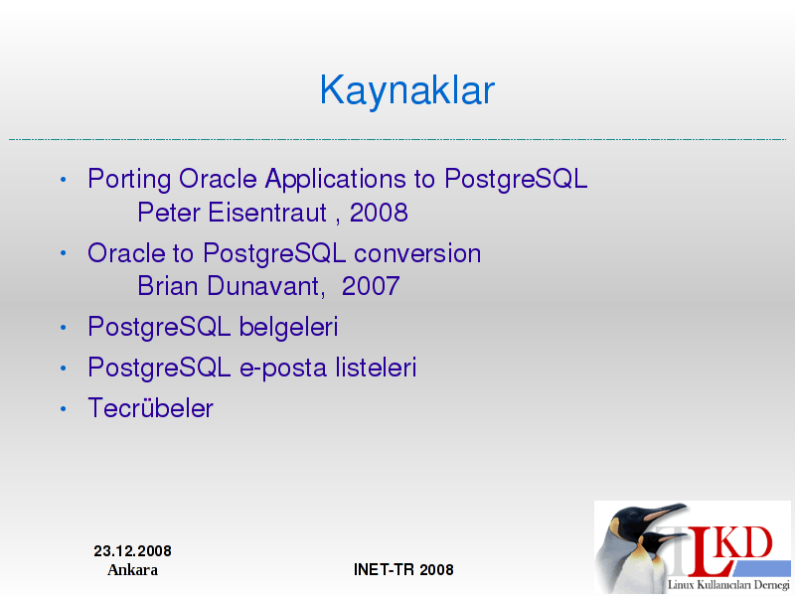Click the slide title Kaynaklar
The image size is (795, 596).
coord(407,91)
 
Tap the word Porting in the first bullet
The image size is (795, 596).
coord(129,180)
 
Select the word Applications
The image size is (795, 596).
coord(335,180)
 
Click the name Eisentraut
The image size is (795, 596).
coord(267,213)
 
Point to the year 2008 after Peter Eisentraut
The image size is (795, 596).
coord(379,213)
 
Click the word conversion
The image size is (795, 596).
coord(417,253)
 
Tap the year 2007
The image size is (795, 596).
coord(371,286)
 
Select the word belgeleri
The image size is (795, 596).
coord(288,327)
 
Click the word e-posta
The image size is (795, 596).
coord(283,368)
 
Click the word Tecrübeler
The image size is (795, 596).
coord(151,408)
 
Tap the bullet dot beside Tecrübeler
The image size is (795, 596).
coord(63,408)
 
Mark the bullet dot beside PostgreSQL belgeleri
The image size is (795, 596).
coord(63,328)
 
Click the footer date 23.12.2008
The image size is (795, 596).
coord(132,551)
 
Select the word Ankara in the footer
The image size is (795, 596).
coord(132,570)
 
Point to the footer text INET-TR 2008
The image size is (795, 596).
coord(403,569)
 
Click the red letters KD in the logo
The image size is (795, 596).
coord(745,542)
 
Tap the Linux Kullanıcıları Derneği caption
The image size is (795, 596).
coord(728,584)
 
